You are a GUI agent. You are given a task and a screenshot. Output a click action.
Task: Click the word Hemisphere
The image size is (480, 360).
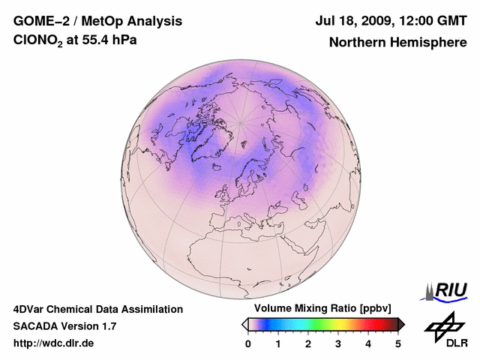coord(427,42)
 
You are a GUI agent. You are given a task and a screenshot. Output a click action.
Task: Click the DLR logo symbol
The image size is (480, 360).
coord(443,325)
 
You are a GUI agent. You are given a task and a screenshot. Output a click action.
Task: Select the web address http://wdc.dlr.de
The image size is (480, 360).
coord(54,343)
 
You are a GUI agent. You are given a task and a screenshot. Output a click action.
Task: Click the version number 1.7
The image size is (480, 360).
coord(107,326)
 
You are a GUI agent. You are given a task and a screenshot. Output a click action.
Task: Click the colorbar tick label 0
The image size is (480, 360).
coord(248,343)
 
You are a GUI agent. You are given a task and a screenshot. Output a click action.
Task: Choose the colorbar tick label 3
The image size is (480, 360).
coord(338,343)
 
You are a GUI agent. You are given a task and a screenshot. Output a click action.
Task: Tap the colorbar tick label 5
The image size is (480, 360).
coord(398,343)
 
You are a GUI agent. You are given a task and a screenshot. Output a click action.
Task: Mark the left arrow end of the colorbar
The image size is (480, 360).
coord(244,324)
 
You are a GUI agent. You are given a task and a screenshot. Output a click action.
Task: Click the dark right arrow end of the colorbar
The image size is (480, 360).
coord(401,324)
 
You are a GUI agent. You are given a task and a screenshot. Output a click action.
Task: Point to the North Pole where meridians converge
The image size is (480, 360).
coord(239,123)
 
